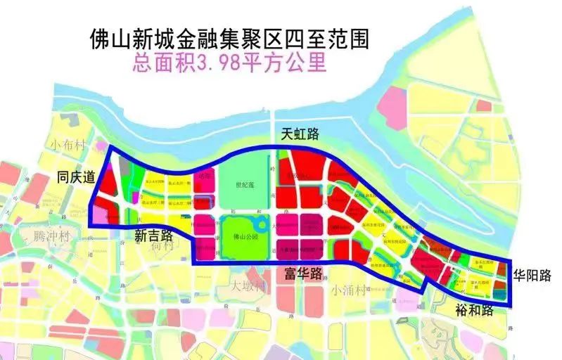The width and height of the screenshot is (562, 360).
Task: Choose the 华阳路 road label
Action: [x=531, y=275]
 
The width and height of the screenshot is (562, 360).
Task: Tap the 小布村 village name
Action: [x=68, y=145]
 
